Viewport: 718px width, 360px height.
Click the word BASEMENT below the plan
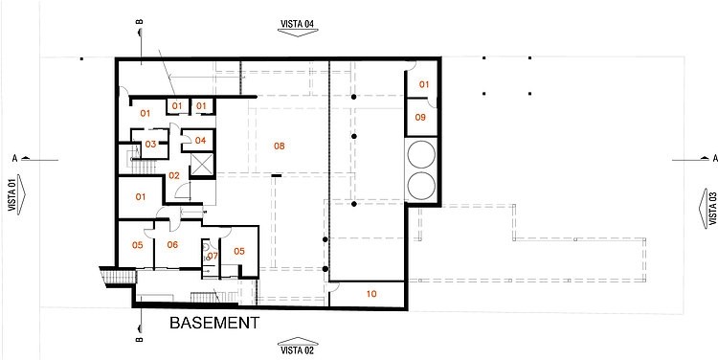pos(214,323)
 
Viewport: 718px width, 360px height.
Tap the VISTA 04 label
pos(298,23)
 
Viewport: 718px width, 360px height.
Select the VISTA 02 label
pos(298,350)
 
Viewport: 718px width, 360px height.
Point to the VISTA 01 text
pos(12,195)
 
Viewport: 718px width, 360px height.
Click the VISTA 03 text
pos(713,209)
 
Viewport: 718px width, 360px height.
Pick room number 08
pos(280,146)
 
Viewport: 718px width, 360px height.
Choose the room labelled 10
pos(371,294)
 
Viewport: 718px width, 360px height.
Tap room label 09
pos(420,117)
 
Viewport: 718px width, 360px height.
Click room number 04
pos(201,140)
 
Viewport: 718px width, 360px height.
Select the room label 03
pos(150,144)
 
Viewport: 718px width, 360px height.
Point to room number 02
pos(174,175)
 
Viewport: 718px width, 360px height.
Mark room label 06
pos(172,244)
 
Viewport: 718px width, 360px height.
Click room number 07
pos(213,255)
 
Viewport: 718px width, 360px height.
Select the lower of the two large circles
pos(421,186)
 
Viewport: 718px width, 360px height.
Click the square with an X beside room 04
pos(202,165)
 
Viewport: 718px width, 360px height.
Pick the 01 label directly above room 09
pos(424,84)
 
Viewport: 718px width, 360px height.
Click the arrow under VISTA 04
pos(298,33)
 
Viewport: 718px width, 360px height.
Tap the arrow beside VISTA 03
pos(704,209)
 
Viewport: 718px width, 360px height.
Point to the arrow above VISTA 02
pos(298,341)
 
